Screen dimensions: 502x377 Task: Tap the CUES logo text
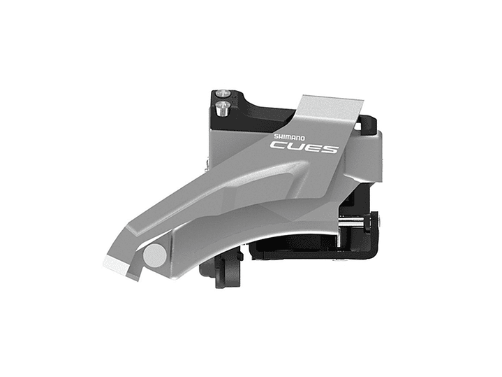coord(304,148)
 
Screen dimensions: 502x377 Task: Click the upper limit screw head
coord(223,93)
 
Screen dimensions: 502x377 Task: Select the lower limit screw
coord(222,108)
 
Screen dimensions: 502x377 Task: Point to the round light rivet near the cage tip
coord(154,255)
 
